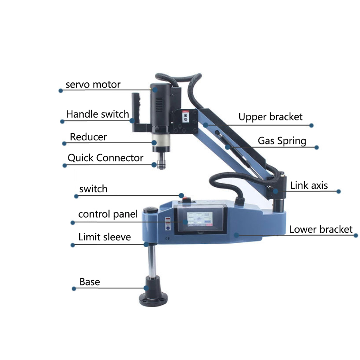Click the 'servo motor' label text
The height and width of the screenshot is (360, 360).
pos(93,84)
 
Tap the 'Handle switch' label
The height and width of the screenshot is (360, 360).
pos(98,114)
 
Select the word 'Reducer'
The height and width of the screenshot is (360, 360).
pos(88,137)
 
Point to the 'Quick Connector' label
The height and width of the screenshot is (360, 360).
pos(105,158)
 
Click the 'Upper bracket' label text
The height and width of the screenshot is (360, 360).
pos(270,117)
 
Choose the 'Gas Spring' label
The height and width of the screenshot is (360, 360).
pos(282,141)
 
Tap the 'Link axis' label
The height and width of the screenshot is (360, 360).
pos(309,185)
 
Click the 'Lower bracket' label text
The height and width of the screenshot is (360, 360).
pos(321,229)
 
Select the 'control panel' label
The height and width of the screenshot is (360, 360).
pos(108,214)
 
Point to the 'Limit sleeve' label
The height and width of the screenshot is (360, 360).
pos(104,237)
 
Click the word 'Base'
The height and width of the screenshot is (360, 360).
pos(90,282)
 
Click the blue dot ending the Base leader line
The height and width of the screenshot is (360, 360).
pos(74,288)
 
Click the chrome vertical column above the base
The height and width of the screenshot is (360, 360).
pos(151,262)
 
